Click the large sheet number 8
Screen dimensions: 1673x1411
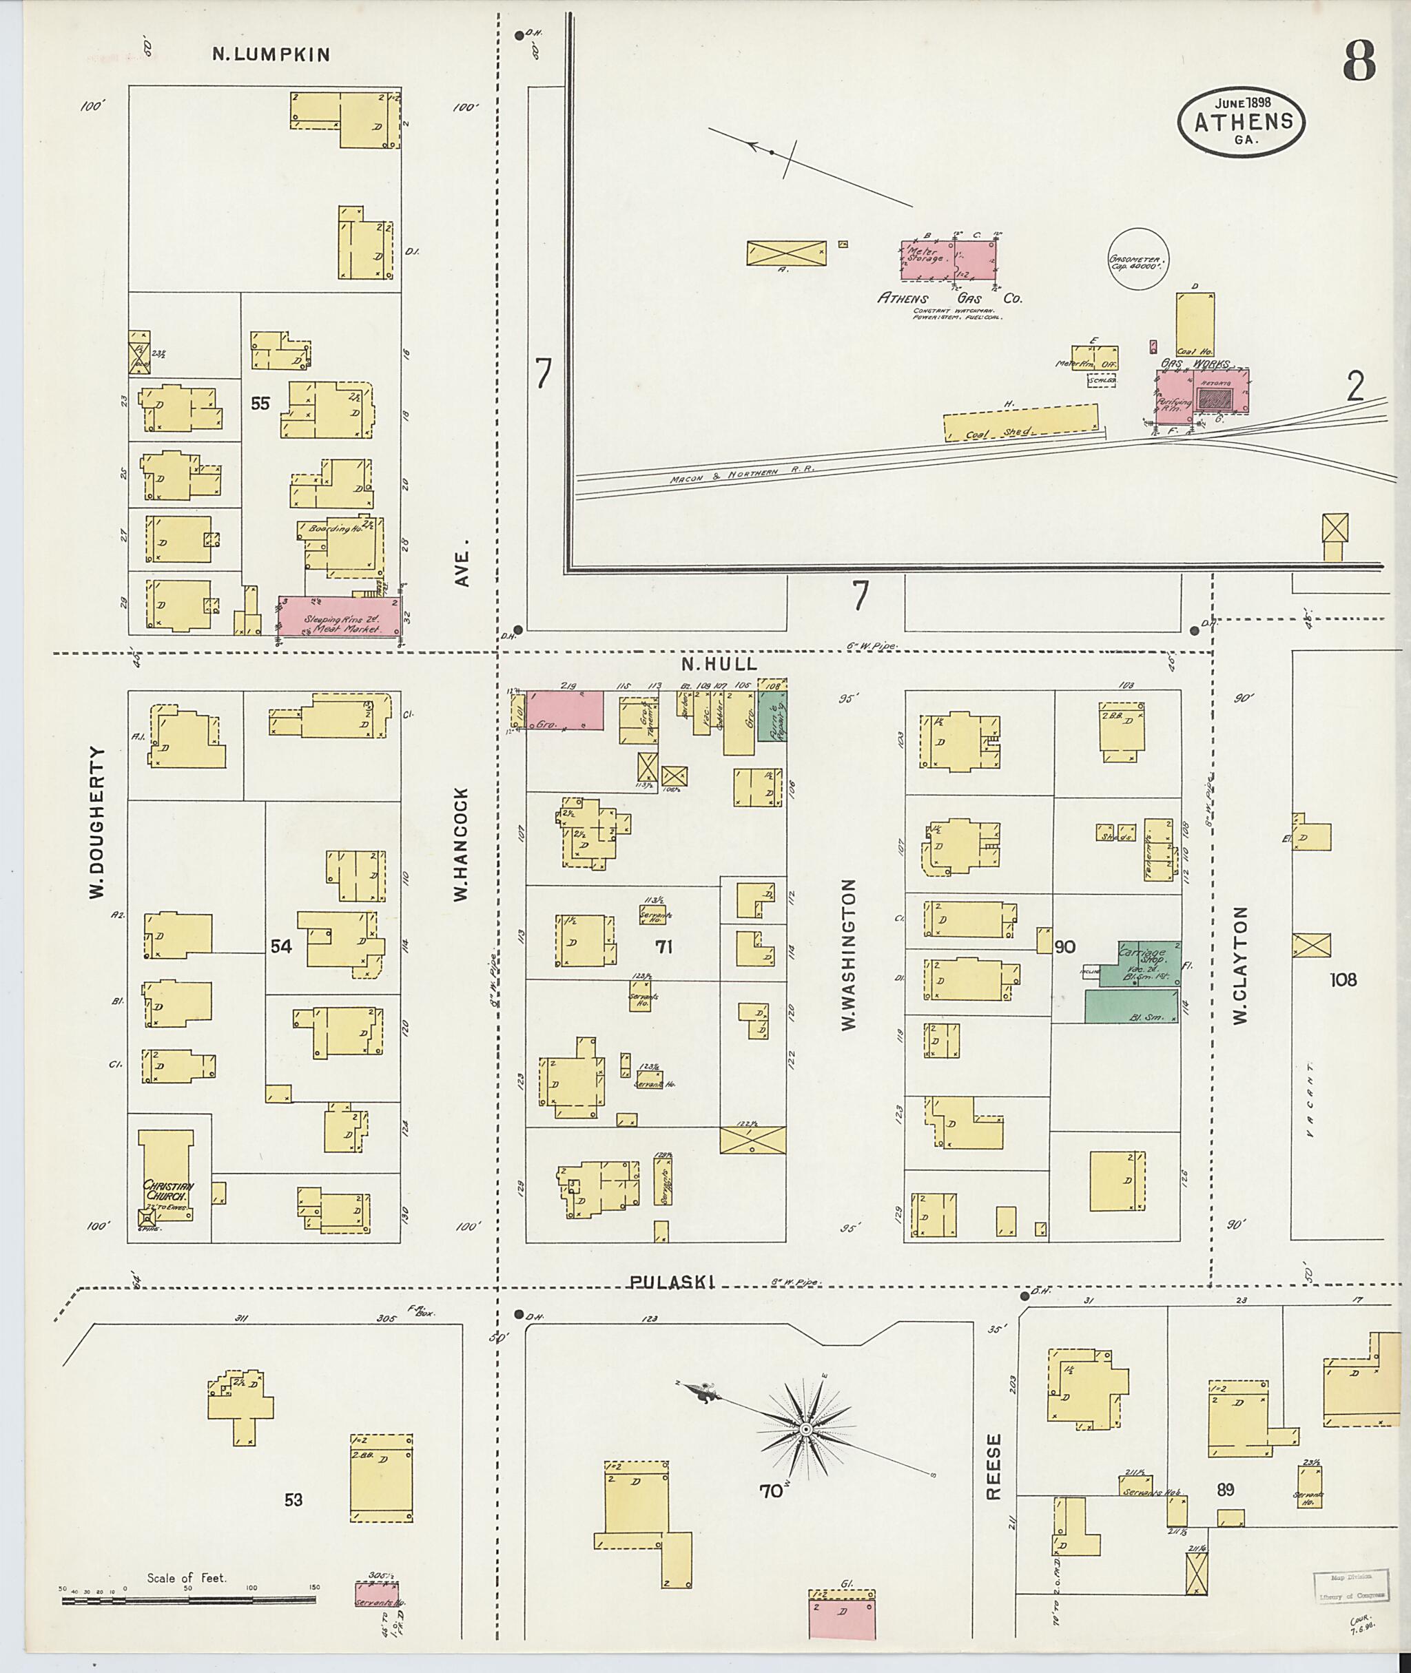(x=1359, y=61)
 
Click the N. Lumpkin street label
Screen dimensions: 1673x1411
(x=271, y=54)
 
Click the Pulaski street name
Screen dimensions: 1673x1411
(x=671, y=1282)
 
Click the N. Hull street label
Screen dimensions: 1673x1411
(x=719, y=665)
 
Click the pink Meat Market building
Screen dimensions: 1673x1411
(x=339, y=616)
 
